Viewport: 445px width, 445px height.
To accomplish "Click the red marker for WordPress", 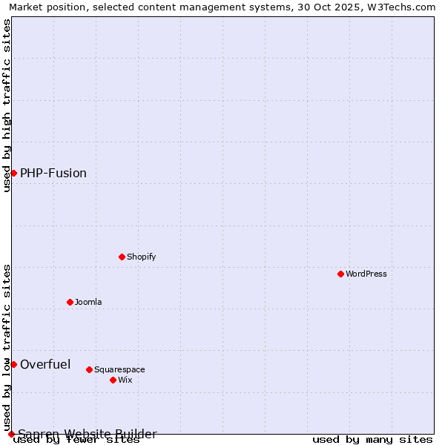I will coord(340,274).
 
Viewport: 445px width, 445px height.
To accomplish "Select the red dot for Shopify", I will coord(122,257).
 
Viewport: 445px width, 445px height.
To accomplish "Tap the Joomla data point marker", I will coord(70,302).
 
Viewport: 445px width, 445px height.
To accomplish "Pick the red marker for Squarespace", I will coord(89,369).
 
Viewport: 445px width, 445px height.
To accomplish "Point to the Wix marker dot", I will coord(113,380).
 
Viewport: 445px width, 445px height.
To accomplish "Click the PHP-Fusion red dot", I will coord(13,173).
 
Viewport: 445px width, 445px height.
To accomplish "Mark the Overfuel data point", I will coord(13,364).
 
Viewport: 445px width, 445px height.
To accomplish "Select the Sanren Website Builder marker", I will coord(11,434).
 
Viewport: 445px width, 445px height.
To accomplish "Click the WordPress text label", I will coord(366,274).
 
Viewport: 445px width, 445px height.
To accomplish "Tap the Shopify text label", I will coord(141,257).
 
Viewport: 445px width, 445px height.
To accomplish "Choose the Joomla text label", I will coord(88,302).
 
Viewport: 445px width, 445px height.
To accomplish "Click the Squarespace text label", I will coord(119,369).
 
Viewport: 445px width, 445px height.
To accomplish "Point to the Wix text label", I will coord(125,380).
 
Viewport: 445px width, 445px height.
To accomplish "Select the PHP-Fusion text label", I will coord(53,173).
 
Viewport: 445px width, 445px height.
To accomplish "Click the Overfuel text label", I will coord(45,364).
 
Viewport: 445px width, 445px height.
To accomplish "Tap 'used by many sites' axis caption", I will coord(372,440).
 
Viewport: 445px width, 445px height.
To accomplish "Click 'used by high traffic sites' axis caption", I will coord(7,105).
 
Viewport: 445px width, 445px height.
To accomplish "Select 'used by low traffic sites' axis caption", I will coord(7,347).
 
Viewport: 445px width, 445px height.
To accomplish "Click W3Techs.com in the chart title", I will coord(397,7).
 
